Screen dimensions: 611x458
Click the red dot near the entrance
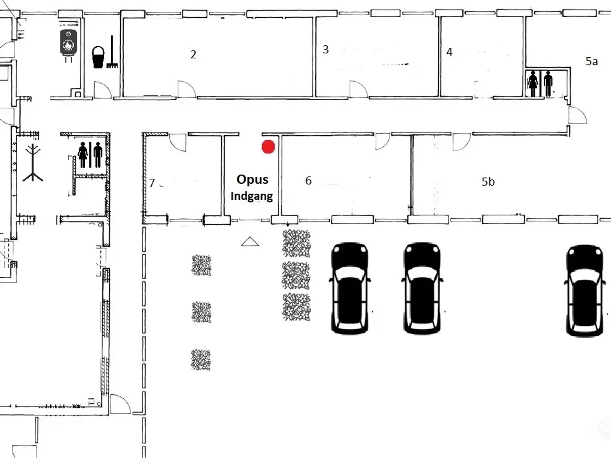click(x=268, y=146)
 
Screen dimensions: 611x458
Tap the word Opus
click(x=253, y=180)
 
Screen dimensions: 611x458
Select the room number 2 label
click(x=193, y=54)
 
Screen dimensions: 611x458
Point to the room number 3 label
click(x=326, y=50)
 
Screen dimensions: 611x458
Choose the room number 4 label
click(x=449, y=52)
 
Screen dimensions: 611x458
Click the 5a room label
click(x=591, y=62)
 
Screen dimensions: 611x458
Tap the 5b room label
click(x=488, y=182)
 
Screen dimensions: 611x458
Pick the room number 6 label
click(x=308, y=180)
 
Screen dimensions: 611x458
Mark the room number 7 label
click(x=152, y=183)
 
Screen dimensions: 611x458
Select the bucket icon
click(x=98, y=57)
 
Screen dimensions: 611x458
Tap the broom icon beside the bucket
click(x=112, y=52)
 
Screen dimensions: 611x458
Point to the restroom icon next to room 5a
click(x=540, y=83)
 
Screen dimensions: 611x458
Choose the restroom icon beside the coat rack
click(x=90, y=155)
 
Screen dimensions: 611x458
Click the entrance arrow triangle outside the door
click(x=250, y=242)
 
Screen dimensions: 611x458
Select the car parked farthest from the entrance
click(x=585, y=290)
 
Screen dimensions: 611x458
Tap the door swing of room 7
click(x=177, y=142)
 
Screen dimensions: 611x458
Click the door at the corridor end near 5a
click(x=578, y=115)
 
